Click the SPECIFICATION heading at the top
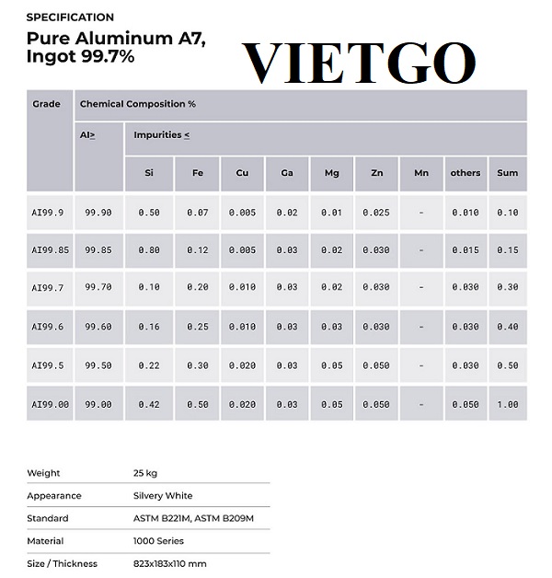pyautogui.click(x=70, y=17)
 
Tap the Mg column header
pyautogui.click(x=331, y=173)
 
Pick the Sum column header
pyautogui.click(x=507, y=173)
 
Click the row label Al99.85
pyautogui.click(x=49, y=250)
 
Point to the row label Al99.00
pyautogui.click(x=49, y=404)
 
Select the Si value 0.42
pyautogui.click(x=148, y=404)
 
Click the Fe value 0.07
pyautogui.click(x=197, y=213)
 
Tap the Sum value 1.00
pyautogui.click(x=507, y=404)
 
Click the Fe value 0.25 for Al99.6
pyautogui.click(x=197, y=327)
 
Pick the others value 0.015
pyautogui.click(x=466, y=250)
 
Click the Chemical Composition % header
pyautogui.click(x=138, y=104)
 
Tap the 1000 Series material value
pyautogui.click(x=158, y=541)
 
